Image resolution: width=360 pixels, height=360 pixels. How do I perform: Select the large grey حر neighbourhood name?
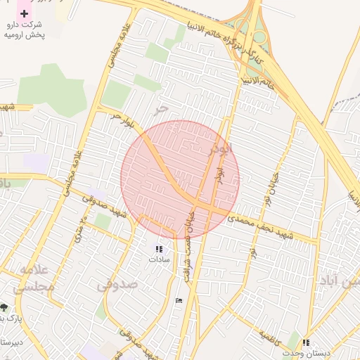pyautogui.click(x=162, y=108)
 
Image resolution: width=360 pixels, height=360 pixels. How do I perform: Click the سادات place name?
pyautogui.click(x=159, y=259)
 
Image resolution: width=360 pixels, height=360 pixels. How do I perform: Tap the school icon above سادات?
pyautogui.click(x=159, y=248)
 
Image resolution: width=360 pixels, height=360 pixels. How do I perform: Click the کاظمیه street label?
pyautogui.click(x=271, y=337)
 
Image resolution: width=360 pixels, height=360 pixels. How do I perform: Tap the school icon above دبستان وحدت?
pyautogui.click(x=306, y=342)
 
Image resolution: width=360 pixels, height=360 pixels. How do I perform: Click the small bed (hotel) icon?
pyautogui.click(x=179, y=300)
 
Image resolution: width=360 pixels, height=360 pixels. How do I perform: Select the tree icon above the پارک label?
pyautogui.click(x=4, y=307)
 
